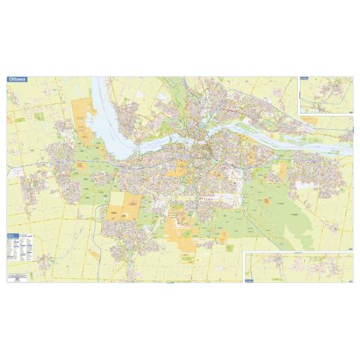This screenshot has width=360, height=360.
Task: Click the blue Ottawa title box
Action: [x=16, y=80]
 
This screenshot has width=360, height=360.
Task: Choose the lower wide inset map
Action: [x=296, y=267]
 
